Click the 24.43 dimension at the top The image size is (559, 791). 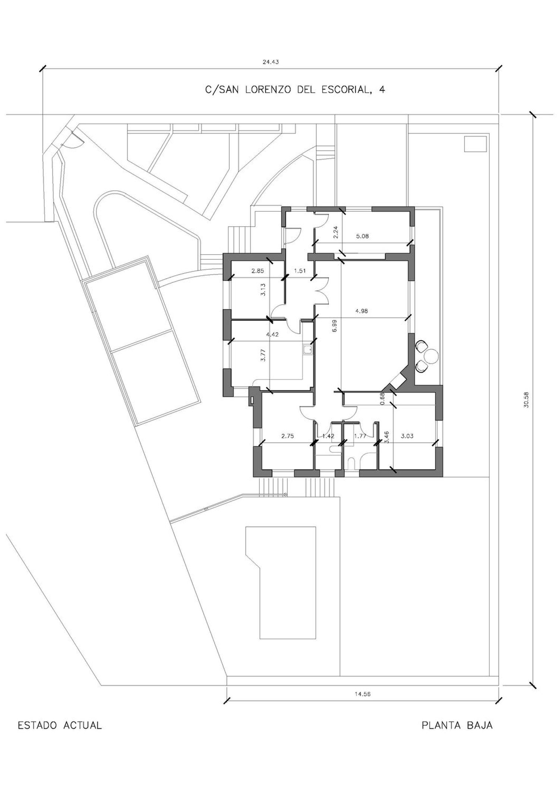coord(271,62)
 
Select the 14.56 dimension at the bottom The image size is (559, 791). coord(363,694)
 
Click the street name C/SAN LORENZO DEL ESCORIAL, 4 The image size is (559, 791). coord(295,90)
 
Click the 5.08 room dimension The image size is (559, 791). coord(362,236)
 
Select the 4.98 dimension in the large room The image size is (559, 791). coord(361,311)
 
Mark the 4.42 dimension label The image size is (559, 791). coord(272,335)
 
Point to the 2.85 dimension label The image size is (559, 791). coord(258,271)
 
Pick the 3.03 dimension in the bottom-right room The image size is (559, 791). coord(407,436)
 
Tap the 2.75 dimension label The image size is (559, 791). coord(288,436)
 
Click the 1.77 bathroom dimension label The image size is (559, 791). coord(360,436)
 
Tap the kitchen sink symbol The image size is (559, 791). coord(308,350)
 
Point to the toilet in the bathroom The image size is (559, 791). coord(352,464)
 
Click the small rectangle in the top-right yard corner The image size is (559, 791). coord(476,144)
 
